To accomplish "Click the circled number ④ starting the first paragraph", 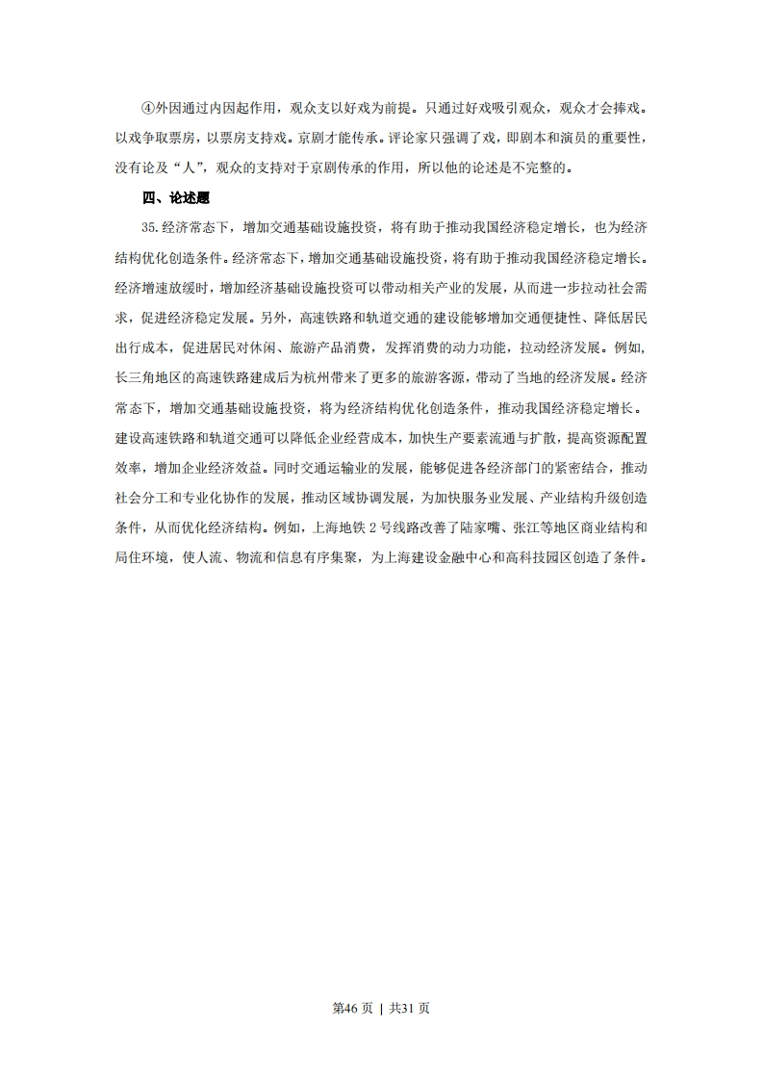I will [147, 108].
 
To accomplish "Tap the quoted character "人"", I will [212, 168].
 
